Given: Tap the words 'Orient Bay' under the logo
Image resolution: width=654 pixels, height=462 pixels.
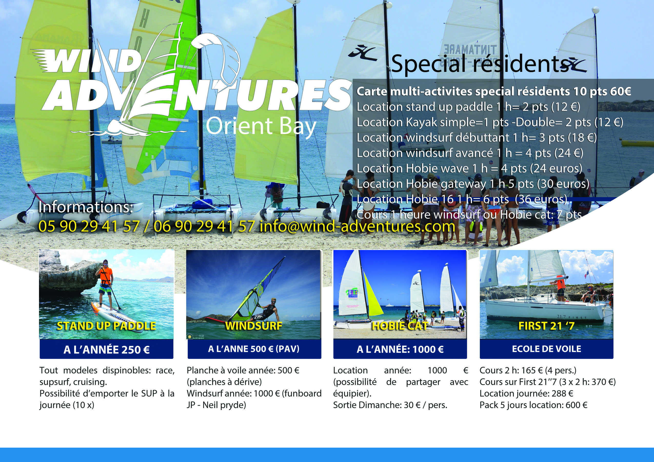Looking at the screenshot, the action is coord(261,126).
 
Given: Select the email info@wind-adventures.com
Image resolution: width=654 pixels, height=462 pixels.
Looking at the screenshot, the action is coord(358,227).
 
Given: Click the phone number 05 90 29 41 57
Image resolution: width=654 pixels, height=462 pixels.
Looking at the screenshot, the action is coord(89,227).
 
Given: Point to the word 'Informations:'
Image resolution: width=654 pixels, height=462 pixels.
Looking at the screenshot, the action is coord(86,207).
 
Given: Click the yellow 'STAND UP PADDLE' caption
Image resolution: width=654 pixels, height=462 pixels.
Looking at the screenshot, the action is coord(106,326).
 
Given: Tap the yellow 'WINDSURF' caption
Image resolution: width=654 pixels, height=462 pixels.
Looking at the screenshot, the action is coord(253,326).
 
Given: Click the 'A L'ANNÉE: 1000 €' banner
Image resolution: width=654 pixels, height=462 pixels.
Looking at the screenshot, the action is coord(400,349).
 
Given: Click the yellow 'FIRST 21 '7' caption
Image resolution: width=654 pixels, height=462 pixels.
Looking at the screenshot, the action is coord(546,326).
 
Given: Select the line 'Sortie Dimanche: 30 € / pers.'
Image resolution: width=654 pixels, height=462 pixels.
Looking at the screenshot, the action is coord(390,405).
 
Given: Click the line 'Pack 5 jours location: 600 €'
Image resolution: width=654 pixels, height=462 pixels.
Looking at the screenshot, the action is coord(533,405).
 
